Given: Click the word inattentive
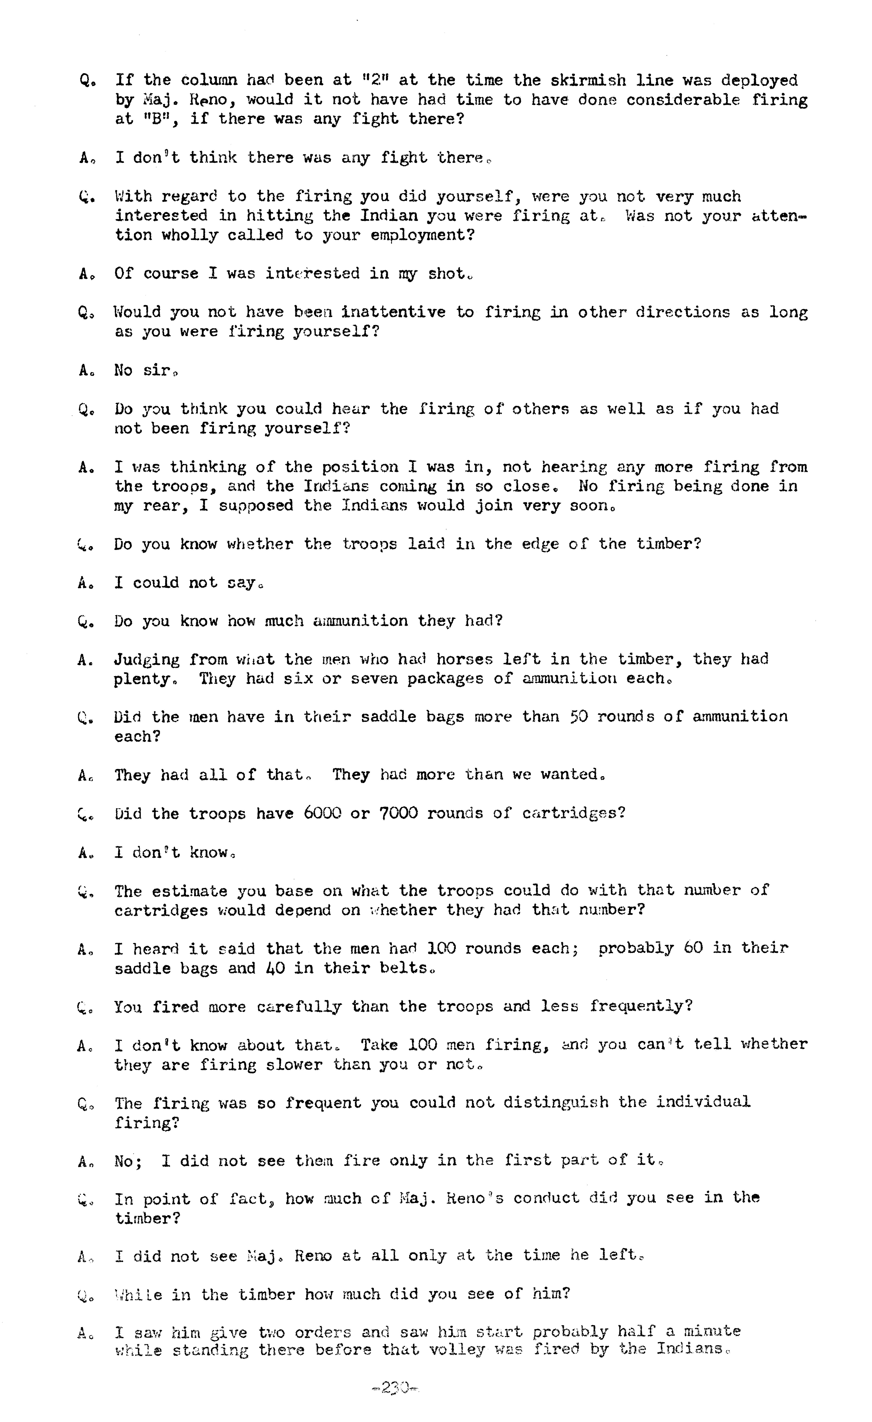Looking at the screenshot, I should (x=393, y=312).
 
